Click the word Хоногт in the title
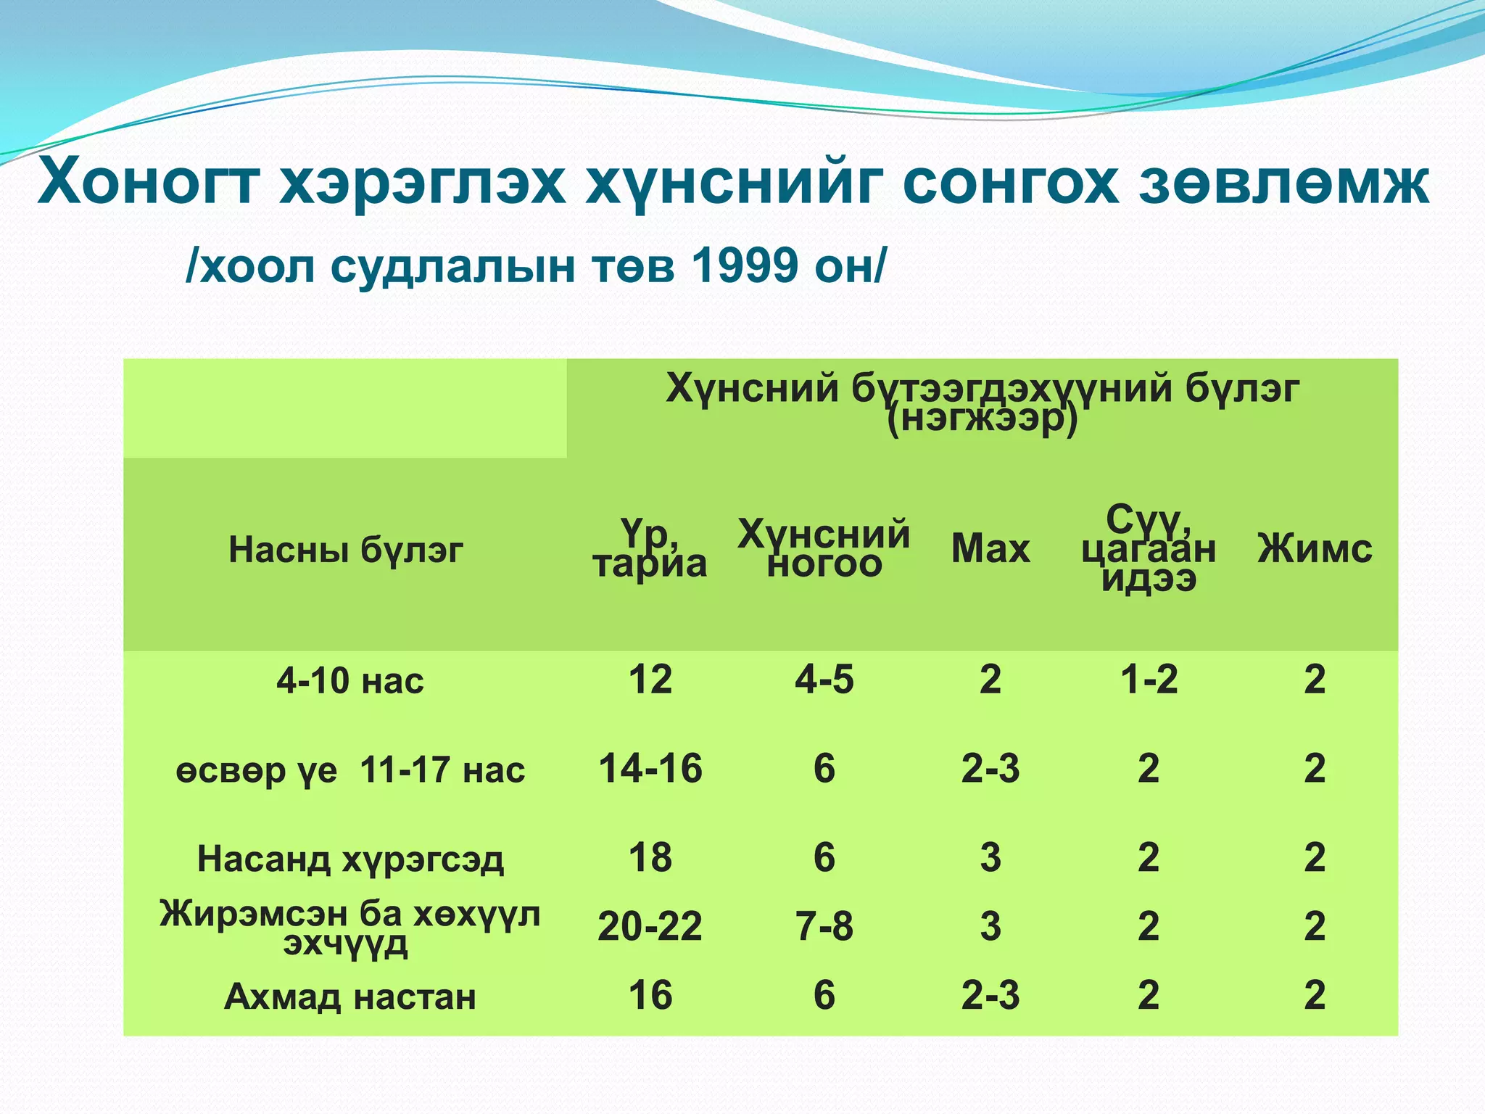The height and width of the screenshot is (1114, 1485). (x=149, y=183)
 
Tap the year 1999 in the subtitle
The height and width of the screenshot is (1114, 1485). (x=745, y=265)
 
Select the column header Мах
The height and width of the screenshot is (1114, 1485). (x=990, y=548)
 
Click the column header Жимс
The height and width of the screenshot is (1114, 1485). (x=1314, y=548)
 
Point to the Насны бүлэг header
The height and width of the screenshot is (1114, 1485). (x=345, y=550)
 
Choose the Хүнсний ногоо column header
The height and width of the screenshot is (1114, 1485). (x=824, y=548)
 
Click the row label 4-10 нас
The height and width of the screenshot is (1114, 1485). (x=349, y=681)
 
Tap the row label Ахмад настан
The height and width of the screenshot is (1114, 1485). (x=349, y=997)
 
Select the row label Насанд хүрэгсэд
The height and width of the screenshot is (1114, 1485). (x=349, y=859)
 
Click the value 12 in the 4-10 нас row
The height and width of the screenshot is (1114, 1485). (x=650, y=680)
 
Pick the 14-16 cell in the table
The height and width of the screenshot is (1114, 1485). (x=650, y=768)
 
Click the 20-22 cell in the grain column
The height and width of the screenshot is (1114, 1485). (x=650, y=926)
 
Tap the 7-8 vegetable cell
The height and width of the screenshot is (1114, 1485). (x=824, y=926)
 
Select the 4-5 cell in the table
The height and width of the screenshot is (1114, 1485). (x=824, y=680)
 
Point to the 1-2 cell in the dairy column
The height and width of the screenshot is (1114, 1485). (x=1149, y=680)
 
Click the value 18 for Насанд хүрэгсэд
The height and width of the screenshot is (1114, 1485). (x=650, y=857)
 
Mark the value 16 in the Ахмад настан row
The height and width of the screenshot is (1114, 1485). (x=650, y=995)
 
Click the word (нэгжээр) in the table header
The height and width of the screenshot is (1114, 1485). (x=982, y=420)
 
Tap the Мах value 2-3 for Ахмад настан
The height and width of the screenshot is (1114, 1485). (x=990, y=995)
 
